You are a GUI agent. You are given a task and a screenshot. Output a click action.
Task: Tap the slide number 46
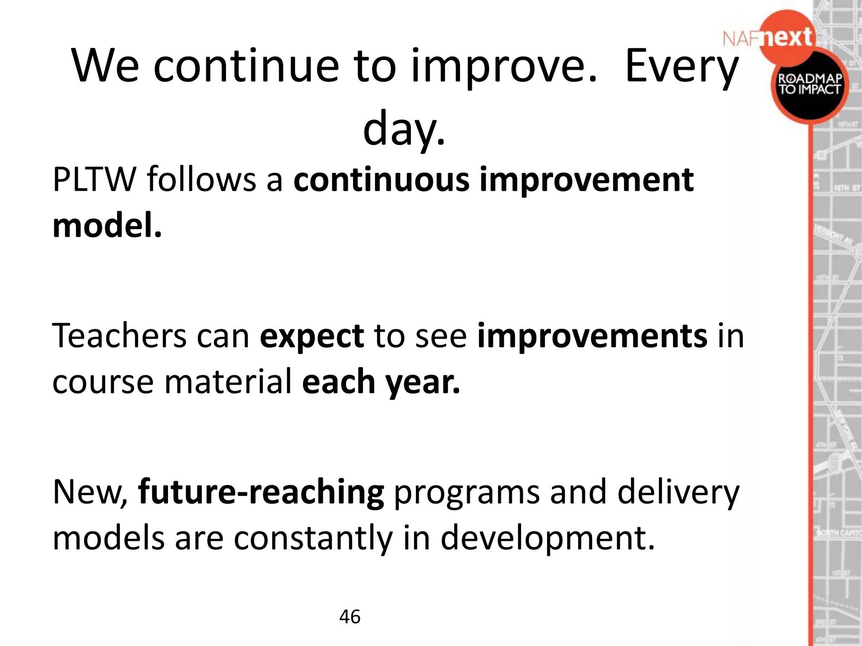tap(350, 617)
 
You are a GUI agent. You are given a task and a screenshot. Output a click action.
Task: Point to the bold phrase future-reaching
tap(261, 492)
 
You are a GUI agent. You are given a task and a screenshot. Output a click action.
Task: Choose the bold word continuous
tap(381, 180)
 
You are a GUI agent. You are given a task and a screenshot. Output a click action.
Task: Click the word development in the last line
tap(547, 538)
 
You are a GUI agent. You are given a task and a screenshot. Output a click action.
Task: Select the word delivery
tap(678, 492)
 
